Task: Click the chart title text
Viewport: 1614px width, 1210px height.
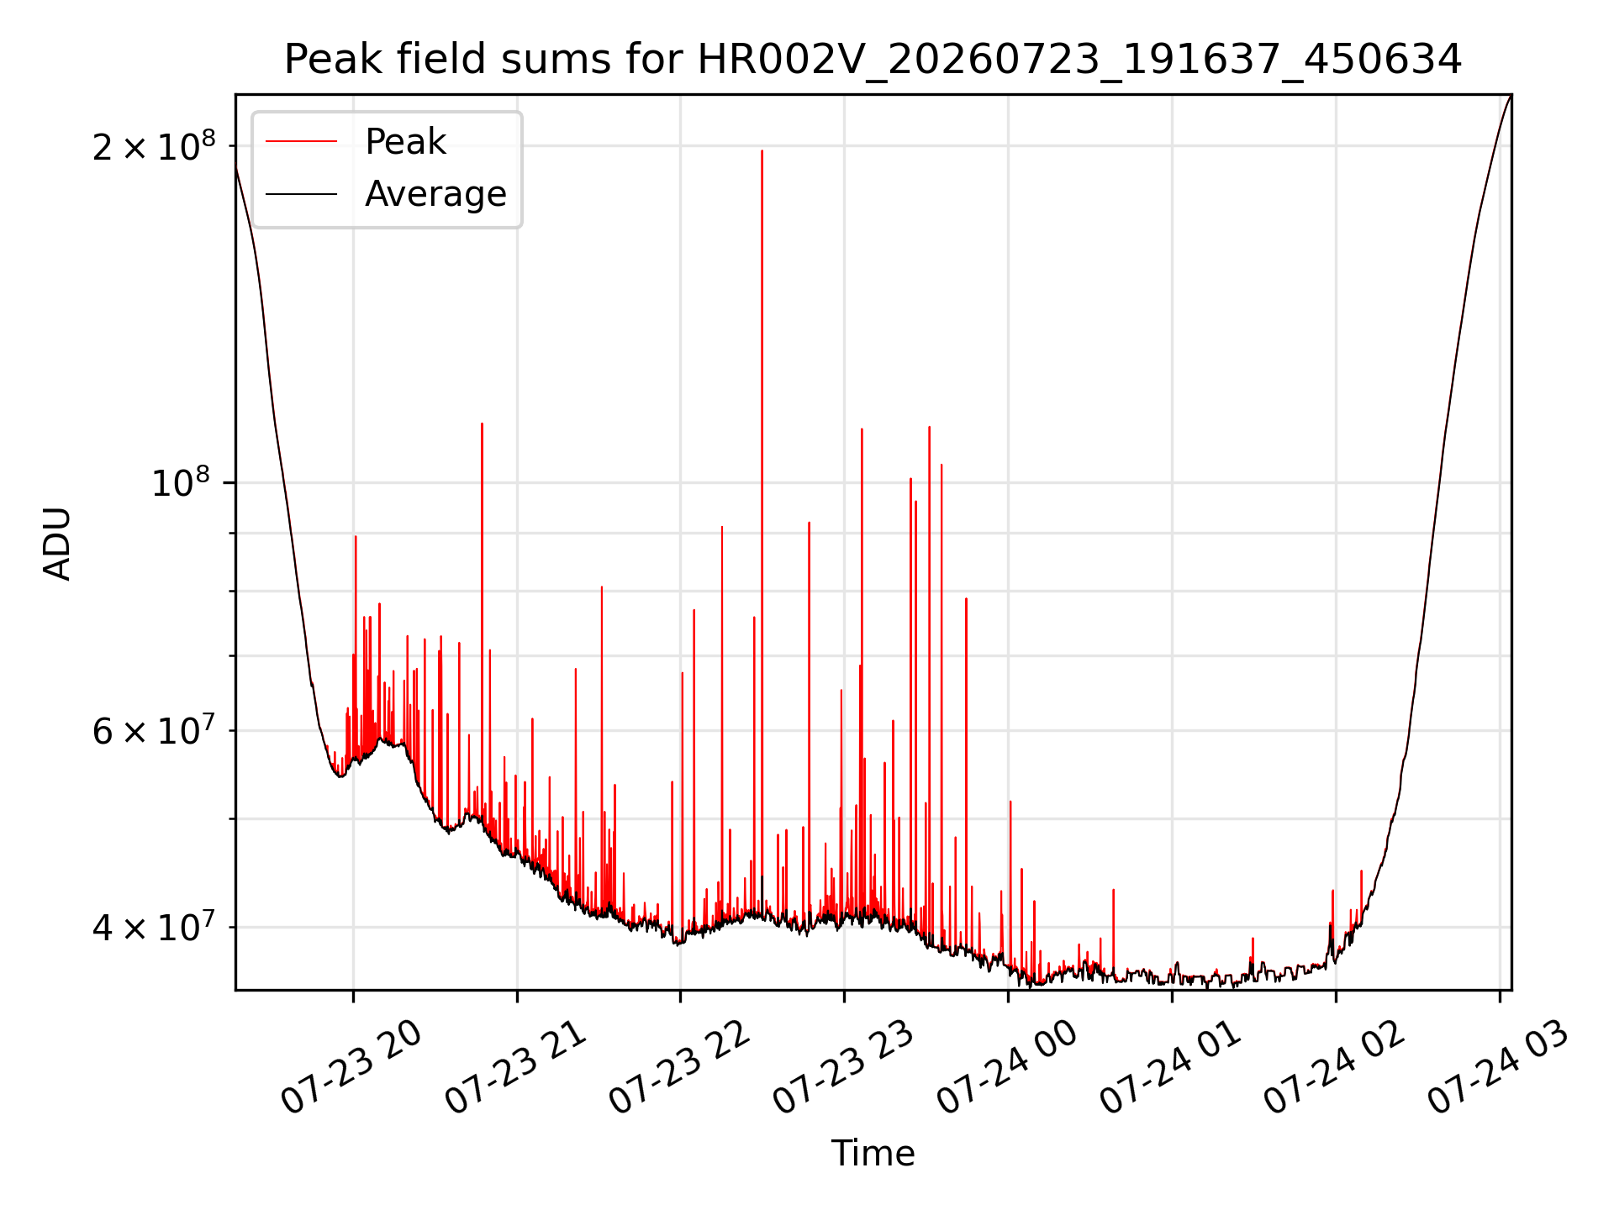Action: point(873,60)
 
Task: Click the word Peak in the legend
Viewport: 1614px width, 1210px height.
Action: point(405,142)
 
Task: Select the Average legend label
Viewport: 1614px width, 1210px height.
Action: point(435,194)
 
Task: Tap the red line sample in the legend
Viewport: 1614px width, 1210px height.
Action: point(302,142)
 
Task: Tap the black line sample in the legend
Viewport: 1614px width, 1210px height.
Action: point(302,194)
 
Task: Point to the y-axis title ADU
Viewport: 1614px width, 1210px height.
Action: point(57,543)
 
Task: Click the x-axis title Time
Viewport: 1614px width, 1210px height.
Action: point(873,1153)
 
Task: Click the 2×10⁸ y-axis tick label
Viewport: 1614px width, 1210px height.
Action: point(154,146)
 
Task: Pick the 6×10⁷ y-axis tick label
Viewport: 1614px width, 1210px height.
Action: point(154,730)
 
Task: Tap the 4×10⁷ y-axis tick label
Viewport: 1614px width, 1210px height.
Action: point(154,927)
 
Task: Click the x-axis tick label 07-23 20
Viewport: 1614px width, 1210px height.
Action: point(351,1067)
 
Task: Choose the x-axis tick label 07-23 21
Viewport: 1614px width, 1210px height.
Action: point(515,1067)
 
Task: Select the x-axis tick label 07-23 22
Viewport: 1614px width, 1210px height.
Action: point(679,1067)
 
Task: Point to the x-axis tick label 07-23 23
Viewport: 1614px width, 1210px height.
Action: point(843,1067)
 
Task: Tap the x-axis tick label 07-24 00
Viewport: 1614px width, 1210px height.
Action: point(1007,1067)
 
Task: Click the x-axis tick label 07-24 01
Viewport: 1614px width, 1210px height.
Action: point(1171,1067)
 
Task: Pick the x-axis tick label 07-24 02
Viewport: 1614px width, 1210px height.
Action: point(1335,1067)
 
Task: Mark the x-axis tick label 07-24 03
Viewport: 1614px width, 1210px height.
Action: point(1499,1067)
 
